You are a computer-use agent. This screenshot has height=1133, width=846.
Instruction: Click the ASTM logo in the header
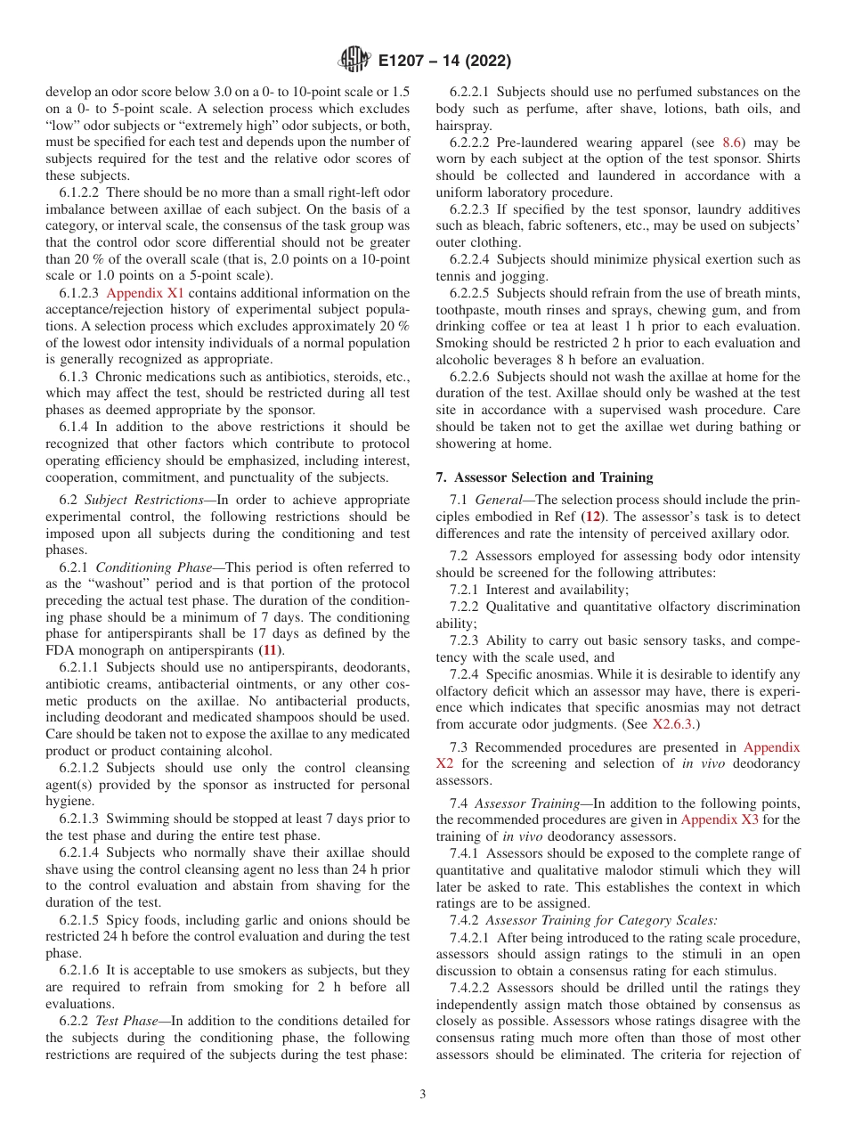pos(354,61)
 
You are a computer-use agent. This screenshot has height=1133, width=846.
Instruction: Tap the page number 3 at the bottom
pos(423,1094)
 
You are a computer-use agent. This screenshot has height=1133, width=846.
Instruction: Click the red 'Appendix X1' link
pos(145,293)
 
